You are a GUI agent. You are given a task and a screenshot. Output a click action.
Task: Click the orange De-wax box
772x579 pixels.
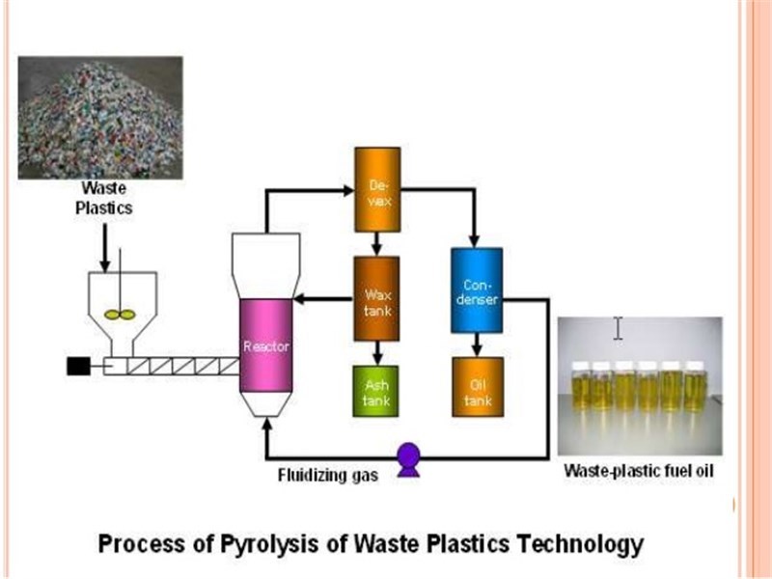[x=376, y=190]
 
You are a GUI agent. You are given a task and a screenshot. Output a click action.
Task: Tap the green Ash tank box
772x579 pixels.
[x=376, y=391]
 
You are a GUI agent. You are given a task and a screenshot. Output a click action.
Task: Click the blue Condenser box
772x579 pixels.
[x=477, y=289]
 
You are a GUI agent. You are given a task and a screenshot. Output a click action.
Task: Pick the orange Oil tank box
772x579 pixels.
[x=477, y=391]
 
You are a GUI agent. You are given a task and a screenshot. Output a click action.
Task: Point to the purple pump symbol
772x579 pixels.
[x=408, y=457]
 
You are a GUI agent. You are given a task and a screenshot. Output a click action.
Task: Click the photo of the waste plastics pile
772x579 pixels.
[x=99, y=116]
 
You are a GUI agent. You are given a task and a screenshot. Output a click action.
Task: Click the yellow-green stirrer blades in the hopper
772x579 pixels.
[x=121, y=314]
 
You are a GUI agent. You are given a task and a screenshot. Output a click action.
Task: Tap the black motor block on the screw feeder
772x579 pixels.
[x=77, y=367]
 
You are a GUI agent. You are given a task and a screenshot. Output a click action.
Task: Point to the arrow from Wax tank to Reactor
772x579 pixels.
[x=323, y=299]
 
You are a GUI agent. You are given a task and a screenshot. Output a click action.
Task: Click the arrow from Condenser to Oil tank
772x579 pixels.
[x=477, y=344]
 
